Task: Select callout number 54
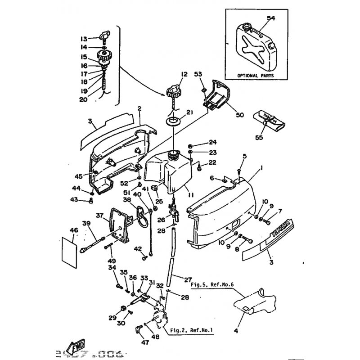coord(270,18)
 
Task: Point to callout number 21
coord(189,113)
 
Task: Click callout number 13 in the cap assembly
coord(84,38)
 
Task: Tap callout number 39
coord(86,223)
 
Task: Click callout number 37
coord(99,215)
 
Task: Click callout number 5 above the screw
coord(245,156)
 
